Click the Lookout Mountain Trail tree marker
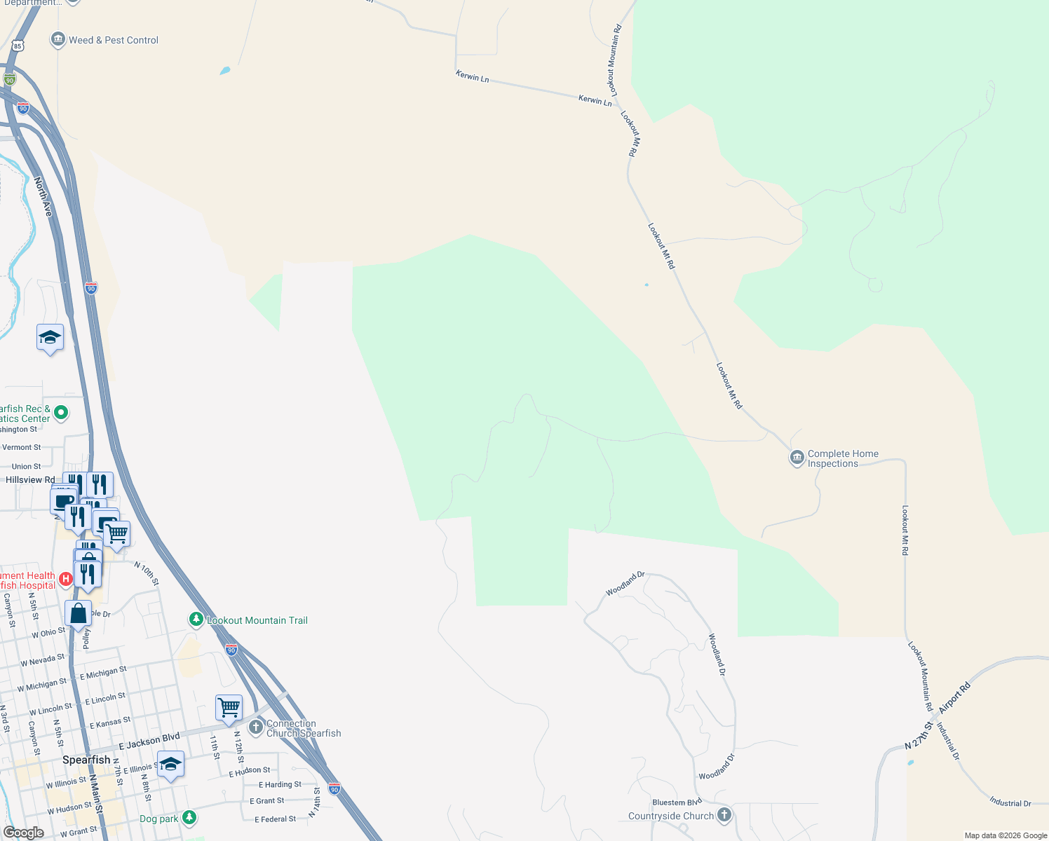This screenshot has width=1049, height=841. pyautogui.click(x=196, y=620)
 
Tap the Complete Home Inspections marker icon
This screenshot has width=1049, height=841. pyautogui.click(x=797, y=458)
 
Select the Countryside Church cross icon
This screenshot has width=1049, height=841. pyautogui.click(x=724, y=815)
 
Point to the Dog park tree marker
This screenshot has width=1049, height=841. pyautogui.click(x=189, y=818)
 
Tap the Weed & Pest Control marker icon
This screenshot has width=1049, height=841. pyautogui.click(x=58, y=40)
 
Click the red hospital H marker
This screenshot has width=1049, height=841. pyautogui.click(x=65, y=579)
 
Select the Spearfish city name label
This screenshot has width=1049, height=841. pyautogui.click(x=86, y=760)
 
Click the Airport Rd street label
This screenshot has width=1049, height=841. pyautogui.click(x=954, y=698)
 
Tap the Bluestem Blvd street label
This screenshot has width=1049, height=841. pyautogui.click(x=677, y=802)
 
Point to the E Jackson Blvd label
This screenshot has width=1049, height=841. pyautogui.click(x=149, y=741)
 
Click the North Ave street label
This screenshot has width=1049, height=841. pyautogui.click(x=43, y=196)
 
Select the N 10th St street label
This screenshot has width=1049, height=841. pyautogui.click(x=147, y=573)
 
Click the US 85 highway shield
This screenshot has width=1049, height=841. pyautogui.click(x=18, y=46)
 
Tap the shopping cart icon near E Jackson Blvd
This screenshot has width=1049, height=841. pyautogui.click(x=229, y=708)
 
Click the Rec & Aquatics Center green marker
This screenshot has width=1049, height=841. pyautogui.click(x=61, y=413)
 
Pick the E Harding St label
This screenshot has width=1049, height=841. pyautogui.click(x=280, y=785)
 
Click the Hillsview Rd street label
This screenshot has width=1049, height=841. pyautogui.click(x=30, y=480)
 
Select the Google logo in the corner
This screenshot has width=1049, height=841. pyautogui.click(x=24, y=833)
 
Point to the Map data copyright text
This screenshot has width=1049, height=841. pyautogui.click(x=1006, y=835)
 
